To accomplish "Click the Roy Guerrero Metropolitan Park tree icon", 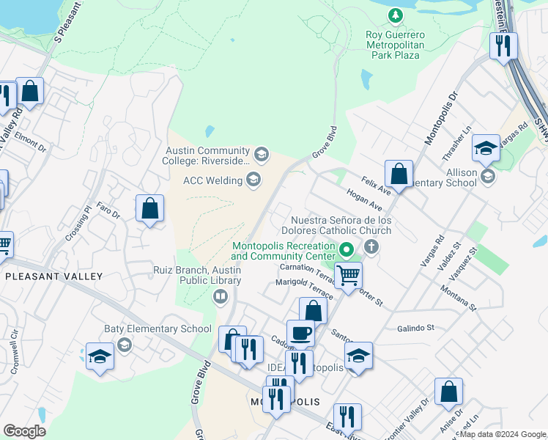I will [396, 15].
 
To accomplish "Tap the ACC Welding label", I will [212, 180].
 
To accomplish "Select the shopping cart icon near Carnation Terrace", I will [349, 276].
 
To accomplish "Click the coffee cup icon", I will [300, 333].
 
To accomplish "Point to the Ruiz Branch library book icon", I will [220, 296].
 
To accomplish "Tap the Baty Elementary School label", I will [158, 329].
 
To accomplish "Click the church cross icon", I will [371, 246].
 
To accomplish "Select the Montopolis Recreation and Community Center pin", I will [348, 254].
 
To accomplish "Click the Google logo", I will [24, 431].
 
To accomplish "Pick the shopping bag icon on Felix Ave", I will [399, 175].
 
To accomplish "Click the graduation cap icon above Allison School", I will [486, 149].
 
